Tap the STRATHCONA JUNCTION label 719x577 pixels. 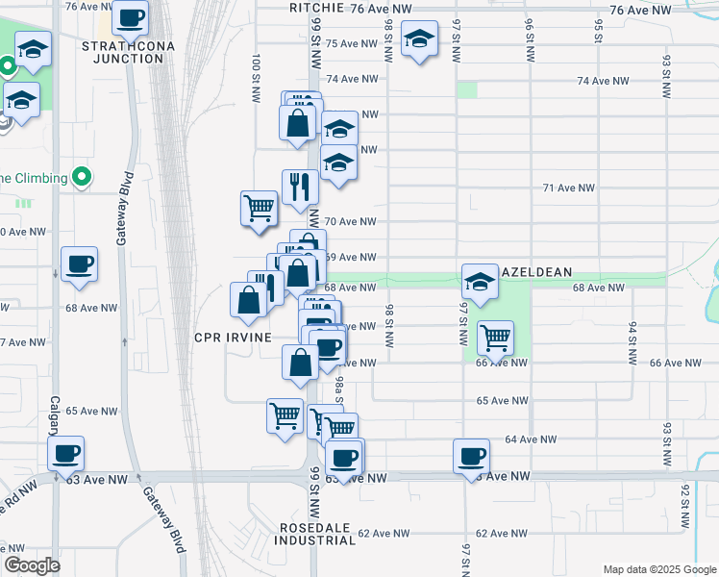(x=122, y=52)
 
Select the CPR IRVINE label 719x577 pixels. (x=233, y=337)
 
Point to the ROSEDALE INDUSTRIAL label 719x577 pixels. (x=318, y=534)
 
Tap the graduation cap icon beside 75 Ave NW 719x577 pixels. (x=418, y=39)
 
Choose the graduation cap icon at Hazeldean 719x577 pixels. (x=480, y=281)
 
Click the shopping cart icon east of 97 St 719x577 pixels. (x=494, y=337)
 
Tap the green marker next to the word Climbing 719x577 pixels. (x=82, y=177)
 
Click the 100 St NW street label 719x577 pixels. (x=256, y=79)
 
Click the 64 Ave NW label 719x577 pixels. (x=531, y=439)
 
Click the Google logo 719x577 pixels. (x=32, y=565)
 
